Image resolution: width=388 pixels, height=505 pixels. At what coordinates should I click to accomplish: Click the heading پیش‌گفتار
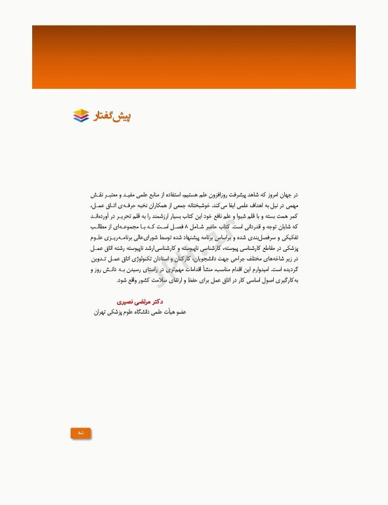coord(113,116)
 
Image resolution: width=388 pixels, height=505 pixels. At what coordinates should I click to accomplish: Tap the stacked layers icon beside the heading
coord(81,116)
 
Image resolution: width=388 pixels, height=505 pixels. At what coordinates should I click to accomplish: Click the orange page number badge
coord(80,433)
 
